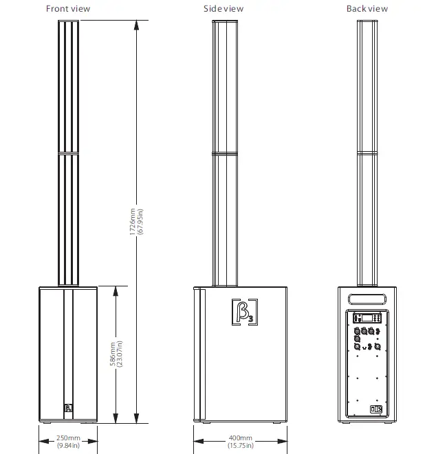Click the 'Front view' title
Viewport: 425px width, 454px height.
click(67, 9)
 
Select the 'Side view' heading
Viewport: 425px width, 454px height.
click(224, 9)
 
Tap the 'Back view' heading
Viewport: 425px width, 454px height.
click(367, 9)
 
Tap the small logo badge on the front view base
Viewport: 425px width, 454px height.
click(67, 409)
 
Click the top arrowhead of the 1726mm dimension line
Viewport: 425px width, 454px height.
click(136, 23)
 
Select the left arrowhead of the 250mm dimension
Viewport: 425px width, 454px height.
click(40, 432)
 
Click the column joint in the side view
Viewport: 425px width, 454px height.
click(226, 152)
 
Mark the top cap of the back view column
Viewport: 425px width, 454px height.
click(367, 23)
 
